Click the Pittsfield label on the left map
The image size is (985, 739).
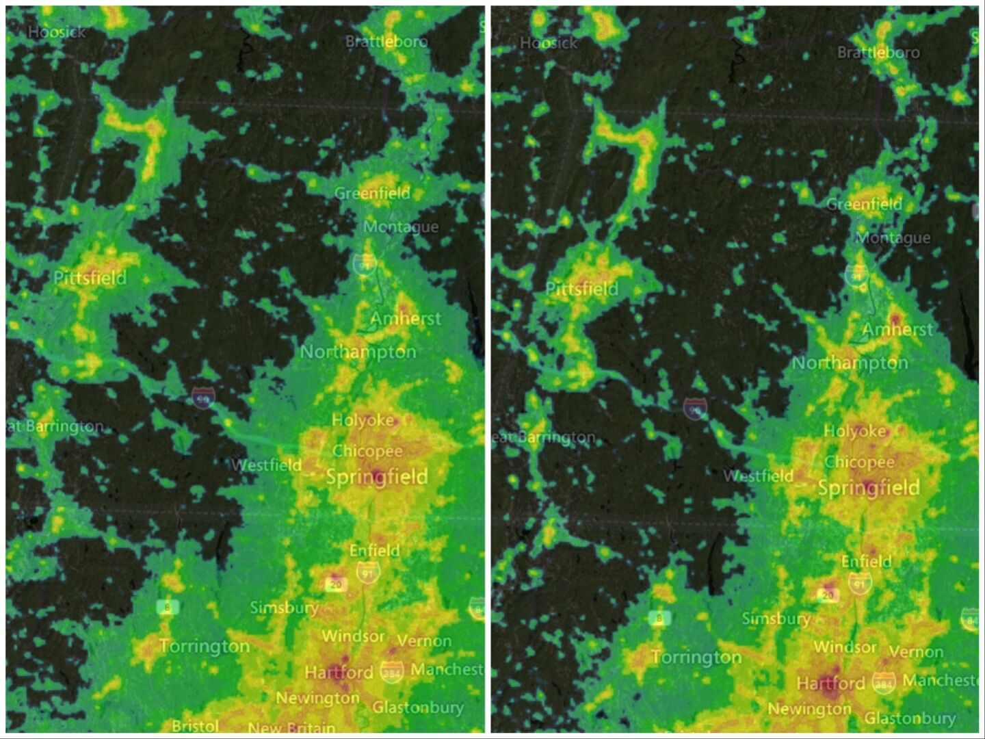[90, 278]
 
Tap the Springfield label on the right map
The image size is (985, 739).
[869, 488]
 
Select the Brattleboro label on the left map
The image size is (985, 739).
[386, 42]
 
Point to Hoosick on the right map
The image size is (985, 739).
[549, 43]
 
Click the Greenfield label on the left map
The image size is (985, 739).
[372, 194]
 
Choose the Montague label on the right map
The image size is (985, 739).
[893, 237]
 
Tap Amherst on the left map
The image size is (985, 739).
[406, 318]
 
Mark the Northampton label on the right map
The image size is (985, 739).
[850, 363]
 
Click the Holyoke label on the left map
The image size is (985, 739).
[363, 420]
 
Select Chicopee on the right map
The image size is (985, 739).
[859, 462]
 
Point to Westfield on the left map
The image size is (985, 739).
[266, 465]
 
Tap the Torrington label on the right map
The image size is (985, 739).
[696, 658]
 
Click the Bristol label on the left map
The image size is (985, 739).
[195, 725]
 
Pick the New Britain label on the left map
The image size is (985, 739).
[291, 727]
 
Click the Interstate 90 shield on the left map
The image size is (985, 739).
[202, 396]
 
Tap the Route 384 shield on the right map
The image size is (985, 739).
[883, 684]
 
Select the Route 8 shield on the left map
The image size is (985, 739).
[167, 607]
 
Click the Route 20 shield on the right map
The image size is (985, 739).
[828, 595]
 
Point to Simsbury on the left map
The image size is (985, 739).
[284, 608]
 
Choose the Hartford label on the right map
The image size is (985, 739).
[830, 683]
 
